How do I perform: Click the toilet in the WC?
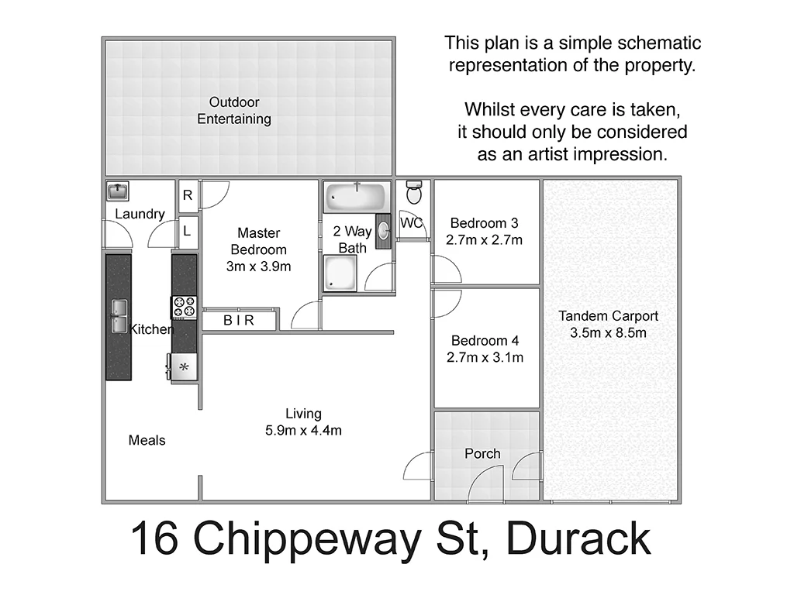pyautogui.click(x=414, y=192)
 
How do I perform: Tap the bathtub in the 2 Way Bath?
pyautogui.click(x=356, y=197)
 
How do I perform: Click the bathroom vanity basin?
pyautogui.click(x=383, y=230)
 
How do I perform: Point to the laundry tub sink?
pyautogui.click(x=118, y=190)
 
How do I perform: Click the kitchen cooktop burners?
pyautogui.click(x=185, y=307)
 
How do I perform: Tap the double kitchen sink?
pyautogui.click(x=119, y=316)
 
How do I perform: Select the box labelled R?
pyautogui.click(x=188, y=196)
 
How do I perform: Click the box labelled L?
pyautogui.click(x=188, y=230)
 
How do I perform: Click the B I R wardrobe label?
pyautogui.click(x=239, y=320)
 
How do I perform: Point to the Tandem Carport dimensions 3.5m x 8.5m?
pyautogui.click(x=609, y=333)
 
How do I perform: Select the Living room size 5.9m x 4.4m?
pyautogui.click(x=303, y=431)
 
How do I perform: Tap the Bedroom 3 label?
pyautogui.click(x=484, y=224)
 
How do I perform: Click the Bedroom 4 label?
pyautogui.click(x=485, y=341)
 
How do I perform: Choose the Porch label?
pyautogui.click(x=482, y=453)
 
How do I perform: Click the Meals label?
pyautogui.click(x=147, y=440)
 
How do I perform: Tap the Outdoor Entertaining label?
pyautogui.click(x=234, y=111)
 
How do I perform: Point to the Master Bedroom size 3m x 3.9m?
pyautogui.click(x=258, y=267)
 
